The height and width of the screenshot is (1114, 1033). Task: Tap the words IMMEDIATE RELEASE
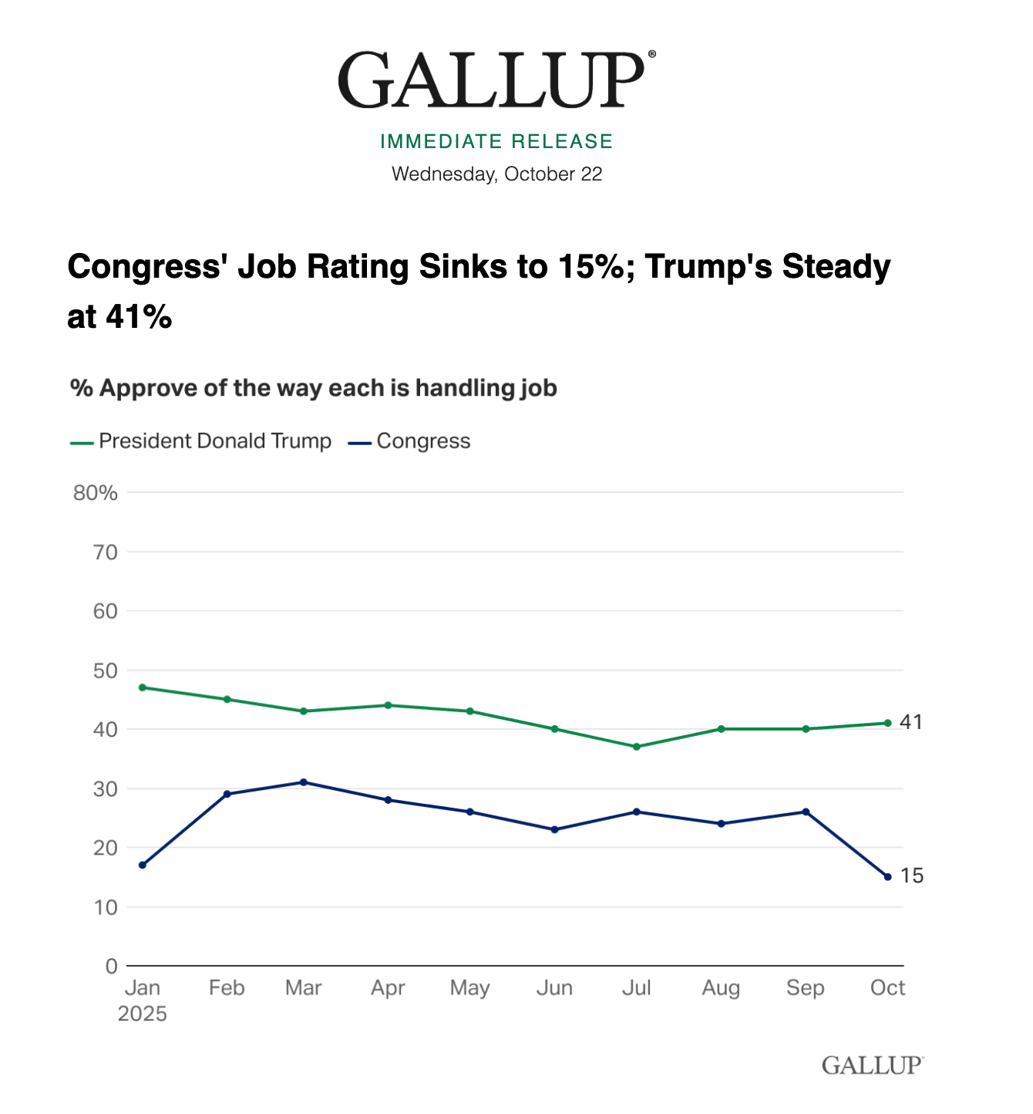496,141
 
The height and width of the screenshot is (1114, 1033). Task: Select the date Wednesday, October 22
496,174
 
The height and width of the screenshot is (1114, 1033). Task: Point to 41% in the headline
138,316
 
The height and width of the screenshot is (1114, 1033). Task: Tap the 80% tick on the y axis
96,493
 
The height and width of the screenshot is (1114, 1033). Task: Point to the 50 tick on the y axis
106,670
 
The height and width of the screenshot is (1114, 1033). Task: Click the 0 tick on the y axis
112,966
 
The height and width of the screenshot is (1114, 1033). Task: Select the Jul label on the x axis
637,988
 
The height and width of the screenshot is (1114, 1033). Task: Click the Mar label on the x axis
303,988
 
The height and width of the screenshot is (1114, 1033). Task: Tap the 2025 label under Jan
143,1014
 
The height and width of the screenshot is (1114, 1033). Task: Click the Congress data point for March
303,782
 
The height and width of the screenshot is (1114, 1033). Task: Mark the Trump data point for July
637,747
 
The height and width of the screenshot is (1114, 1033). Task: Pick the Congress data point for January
143,865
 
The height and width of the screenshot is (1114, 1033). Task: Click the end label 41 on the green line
911,723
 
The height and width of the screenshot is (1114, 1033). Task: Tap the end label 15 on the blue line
912,876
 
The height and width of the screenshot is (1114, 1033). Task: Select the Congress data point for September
806,812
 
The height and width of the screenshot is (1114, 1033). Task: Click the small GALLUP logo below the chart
872,1065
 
